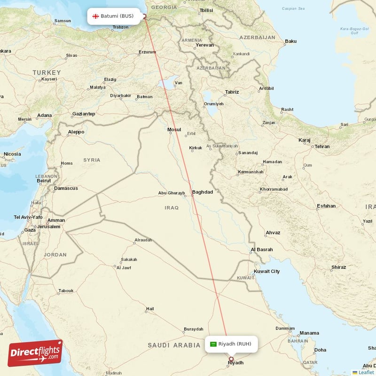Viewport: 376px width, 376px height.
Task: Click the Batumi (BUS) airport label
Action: [x=117, y=16]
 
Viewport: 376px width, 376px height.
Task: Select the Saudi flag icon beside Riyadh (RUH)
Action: [x=213, y=344]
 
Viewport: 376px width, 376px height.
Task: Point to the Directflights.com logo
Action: [x=35, y=352]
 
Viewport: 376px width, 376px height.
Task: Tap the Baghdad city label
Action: [x=203, y=192]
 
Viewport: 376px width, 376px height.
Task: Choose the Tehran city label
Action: [x=322, y=147]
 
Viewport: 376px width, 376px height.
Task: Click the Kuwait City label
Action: [x=266, y=271]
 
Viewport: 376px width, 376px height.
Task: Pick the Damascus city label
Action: [x=66, y=188]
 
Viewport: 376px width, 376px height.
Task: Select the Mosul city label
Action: [x=174, y=129]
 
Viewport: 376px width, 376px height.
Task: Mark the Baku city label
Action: [x=290, y=41]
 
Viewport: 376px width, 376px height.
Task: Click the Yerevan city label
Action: [x=205, y=45]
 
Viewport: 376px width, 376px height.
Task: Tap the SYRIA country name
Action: [x=92, y=160]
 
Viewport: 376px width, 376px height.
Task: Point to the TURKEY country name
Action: [x=47, y=72]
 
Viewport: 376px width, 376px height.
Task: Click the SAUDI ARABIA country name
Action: [x=174, y=345]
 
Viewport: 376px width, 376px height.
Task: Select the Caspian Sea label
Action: [x=293, y=8]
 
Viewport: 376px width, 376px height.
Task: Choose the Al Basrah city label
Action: [x=261, y=250]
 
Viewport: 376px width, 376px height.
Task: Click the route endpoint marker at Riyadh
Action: [x=231, y=359]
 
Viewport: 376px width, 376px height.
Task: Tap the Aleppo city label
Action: [x=76, y=132]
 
